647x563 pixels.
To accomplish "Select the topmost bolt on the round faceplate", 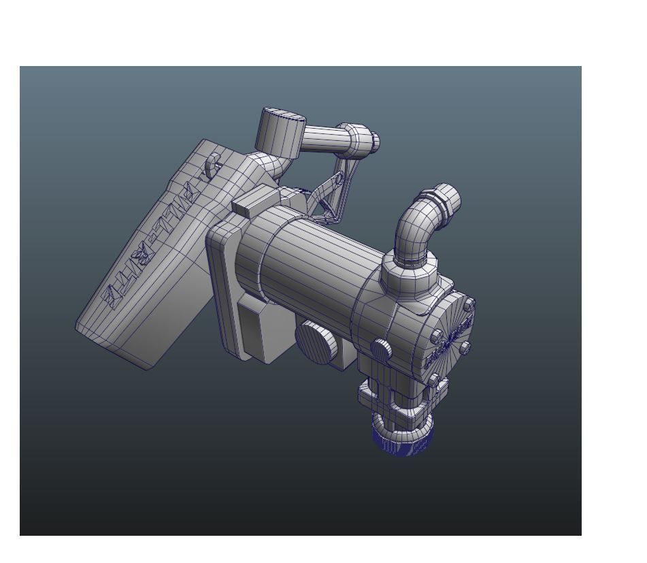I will click(468, 304).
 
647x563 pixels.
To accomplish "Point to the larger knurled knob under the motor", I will click(316, 341).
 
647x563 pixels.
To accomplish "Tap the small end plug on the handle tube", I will click(374, 142).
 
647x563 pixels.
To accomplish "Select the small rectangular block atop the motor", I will click(255, 202).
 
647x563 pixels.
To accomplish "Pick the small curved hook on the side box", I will click(214, 163).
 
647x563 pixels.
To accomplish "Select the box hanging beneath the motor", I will click(259, 330).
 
